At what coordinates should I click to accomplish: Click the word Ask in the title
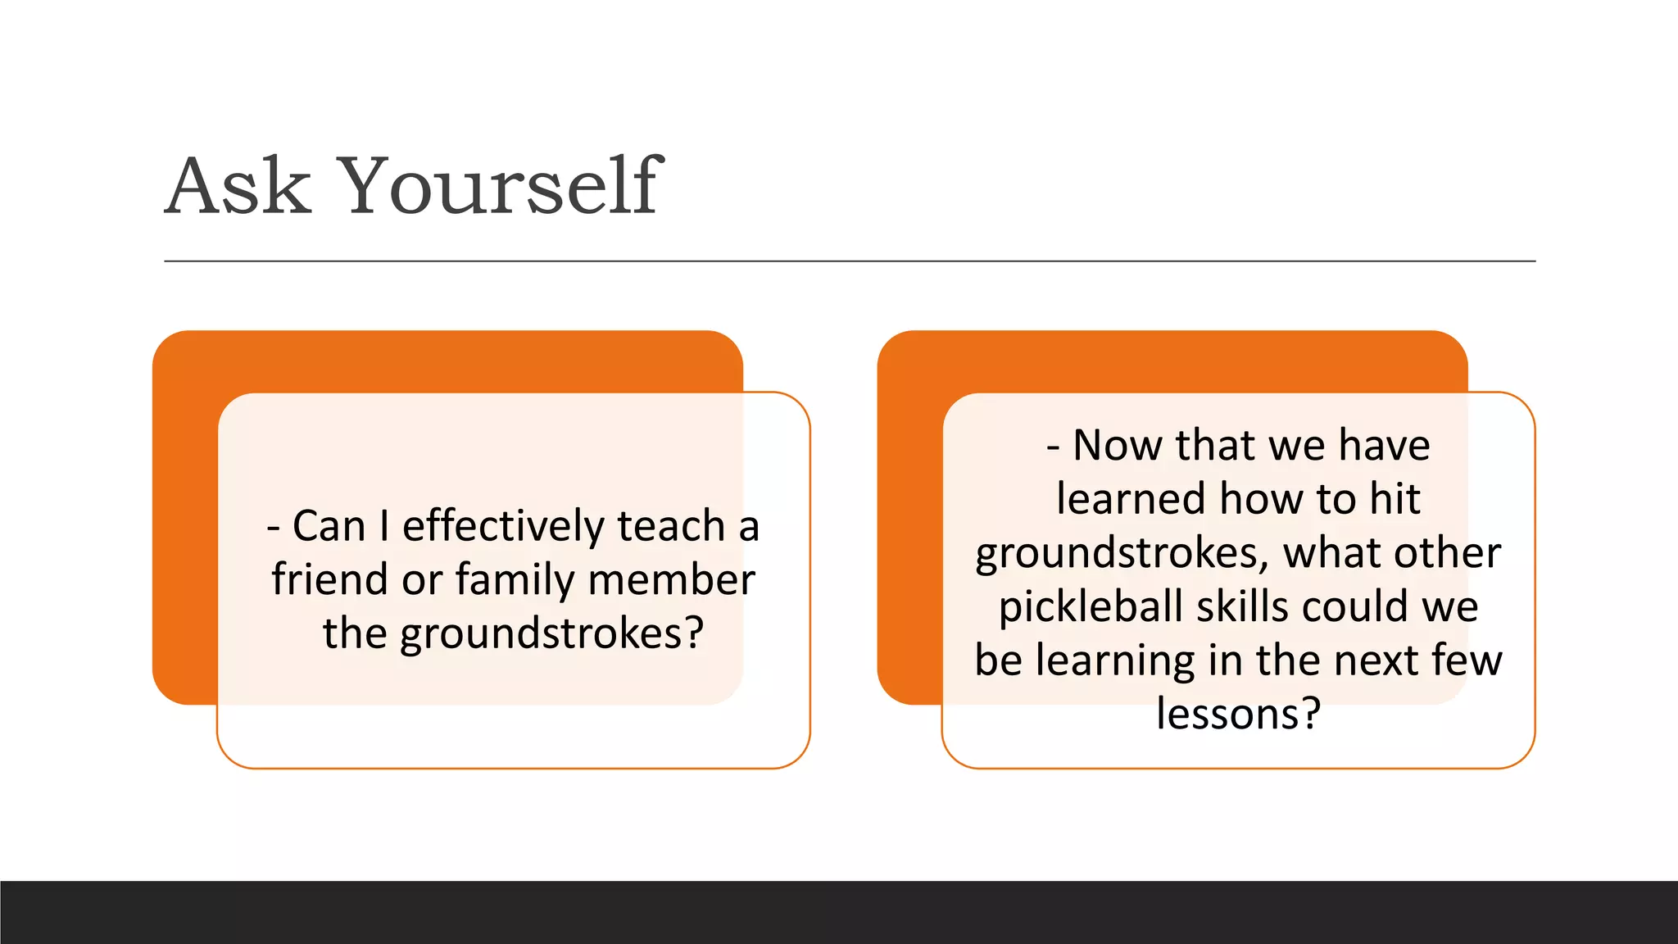(x=238, y=187)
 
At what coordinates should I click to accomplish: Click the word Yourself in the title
(x=500, y=187)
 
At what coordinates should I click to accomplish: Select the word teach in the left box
(x=670, y=526)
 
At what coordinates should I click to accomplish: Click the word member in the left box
(x=671, y=579)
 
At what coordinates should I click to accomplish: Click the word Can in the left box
(x=329, y=526)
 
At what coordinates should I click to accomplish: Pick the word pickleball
(x=1091, y=607)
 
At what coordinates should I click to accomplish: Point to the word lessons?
(x=1238, y=714)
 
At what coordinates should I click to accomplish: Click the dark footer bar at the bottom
(x=839, y=912)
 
